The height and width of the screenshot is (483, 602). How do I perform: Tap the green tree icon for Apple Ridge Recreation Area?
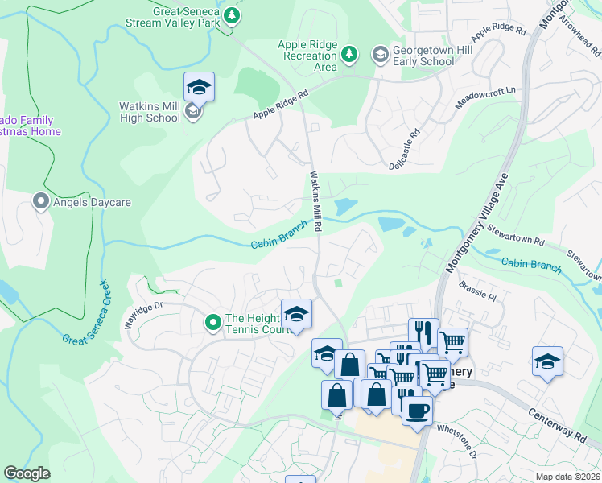(x=348, y=54)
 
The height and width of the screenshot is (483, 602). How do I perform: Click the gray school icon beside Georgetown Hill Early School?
(x=379, y=54)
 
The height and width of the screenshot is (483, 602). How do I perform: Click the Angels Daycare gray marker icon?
(x=40, y=202)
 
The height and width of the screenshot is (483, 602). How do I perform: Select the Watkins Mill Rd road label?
(x=316, y=201)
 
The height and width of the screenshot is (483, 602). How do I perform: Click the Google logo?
(x=27, y=473)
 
